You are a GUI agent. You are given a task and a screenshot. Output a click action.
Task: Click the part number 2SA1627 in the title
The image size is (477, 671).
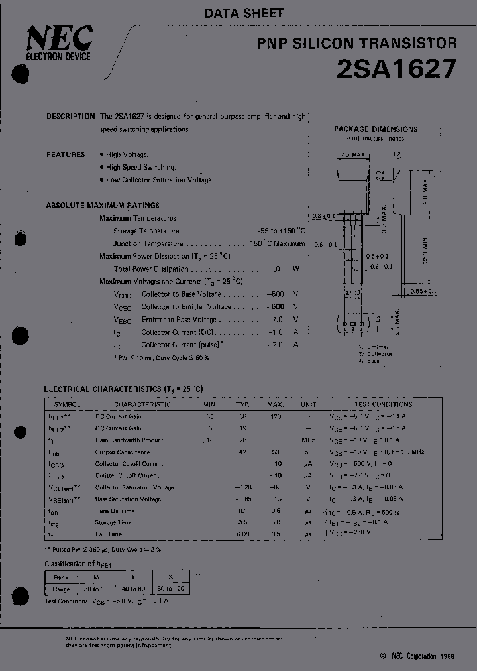[x=396, y=69]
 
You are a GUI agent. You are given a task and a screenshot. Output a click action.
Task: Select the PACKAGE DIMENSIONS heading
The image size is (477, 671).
[x=376, y=129]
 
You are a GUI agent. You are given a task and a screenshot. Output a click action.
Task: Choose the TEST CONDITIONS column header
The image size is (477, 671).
[x=383, y=404]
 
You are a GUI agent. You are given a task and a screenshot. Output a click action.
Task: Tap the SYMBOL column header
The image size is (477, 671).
[x=68, y=404]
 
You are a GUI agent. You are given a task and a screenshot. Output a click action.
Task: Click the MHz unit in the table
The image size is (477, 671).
[x=308, y=440]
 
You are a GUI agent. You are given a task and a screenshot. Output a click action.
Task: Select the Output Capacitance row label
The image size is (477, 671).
[x=122, y=452]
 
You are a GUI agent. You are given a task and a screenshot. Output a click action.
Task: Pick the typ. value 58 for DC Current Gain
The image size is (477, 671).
[x=242, y=416]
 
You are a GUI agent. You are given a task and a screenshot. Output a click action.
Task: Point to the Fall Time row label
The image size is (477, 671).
[x=109, y=534]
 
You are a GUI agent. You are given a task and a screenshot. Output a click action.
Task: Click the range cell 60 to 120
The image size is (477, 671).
[x=170, y=589]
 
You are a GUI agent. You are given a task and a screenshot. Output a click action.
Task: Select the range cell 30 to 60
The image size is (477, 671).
[x=96, y=589]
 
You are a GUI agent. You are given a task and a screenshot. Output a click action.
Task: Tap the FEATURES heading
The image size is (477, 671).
[x=66, y=154]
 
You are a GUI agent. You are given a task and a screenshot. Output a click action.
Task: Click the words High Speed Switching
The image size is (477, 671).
[x=140, y=168]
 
